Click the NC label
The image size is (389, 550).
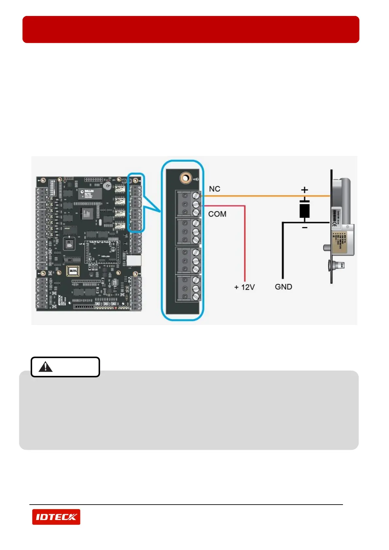coord(215,189)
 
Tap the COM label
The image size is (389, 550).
coord(217,214)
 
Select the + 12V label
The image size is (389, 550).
coord(244,287)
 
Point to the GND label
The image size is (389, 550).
coord(284,287)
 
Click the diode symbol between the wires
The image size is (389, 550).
coord(304,209)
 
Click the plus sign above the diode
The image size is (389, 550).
coord(304,190)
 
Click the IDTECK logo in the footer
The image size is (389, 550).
coord(56,517)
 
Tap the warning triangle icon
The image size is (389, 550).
coord(45,367)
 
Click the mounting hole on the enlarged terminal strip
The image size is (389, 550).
coord(185,178)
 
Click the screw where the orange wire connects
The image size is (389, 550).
coord(196,196)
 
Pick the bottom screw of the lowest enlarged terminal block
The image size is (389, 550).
coord(196,297)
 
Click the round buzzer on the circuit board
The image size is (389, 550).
coord(107,186)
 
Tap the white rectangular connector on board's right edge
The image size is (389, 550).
coord(134,260)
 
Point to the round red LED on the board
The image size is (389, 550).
coord(115,308)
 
